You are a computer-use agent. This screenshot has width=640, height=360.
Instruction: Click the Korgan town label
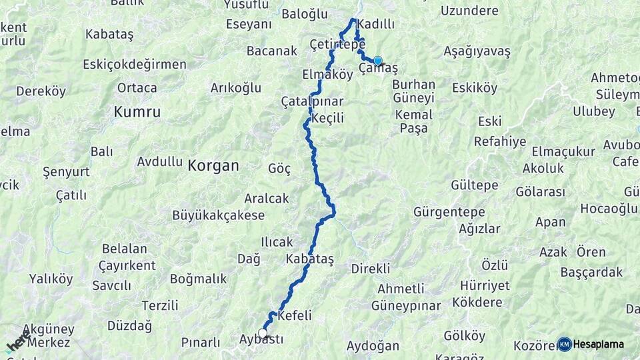213,166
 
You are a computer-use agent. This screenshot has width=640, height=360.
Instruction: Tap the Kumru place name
137,112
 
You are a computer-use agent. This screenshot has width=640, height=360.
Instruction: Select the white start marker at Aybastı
263,333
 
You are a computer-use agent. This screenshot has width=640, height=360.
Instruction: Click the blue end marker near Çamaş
378,61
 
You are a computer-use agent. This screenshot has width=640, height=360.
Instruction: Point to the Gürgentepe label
447,213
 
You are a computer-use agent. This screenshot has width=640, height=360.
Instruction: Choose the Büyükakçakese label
218,215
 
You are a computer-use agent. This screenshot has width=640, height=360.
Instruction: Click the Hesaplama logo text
599,344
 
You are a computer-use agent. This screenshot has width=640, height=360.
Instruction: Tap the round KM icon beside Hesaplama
565,344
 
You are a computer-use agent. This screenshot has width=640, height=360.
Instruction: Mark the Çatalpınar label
312,102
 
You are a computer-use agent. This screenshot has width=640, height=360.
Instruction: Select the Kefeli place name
295,315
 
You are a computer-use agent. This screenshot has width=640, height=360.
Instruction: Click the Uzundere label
469,11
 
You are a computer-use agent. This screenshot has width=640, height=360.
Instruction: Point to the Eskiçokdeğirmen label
135,64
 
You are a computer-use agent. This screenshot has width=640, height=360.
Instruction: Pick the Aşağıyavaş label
477,51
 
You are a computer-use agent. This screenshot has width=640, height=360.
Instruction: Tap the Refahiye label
500,141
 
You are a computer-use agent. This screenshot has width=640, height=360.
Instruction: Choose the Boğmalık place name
199,279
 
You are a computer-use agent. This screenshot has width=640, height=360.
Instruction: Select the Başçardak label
591,272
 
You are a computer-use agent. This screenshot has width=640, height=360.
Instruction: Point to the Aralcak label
267,198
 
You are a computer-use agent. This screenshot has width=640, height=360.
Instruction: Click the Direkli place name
371,269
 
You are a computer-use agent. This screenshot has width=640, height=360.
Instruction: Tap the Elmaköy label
327,75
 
